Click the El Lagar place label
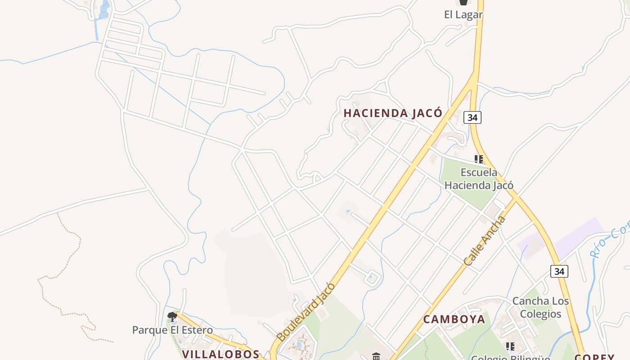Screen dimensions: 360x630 click(x=463, y=14)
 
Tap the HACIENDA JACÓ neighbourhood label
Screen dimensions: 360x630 click(x=393, y=113)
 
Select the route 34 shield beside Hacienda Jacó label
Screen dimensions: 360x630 click(x=472, y=117)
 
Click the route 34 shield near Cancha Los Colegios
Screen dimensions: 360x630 click(x=559, y=271)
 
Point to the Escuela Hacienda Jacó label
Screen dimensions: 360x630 click(x=479, y=179)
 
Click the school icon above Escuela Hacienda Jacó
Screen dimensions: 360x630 click(x=479, y=159)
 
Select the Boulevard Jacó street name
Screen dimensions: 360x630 click(x=306, y=312)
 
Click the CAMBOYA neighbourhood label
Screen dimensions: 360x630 click(x=454, y=319)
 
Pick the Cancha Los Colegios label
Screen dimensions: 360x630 click(x=540, y=307)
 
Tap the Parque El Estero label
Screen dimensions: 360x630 click(x=172, y=330)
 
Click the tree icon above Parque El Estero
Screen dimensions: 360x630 click(x=172, y=317)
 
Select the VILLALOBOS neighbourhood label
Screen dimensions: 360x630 click(x=220, y=354)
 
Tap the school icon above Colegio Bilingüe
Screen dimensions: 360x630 click(x=510, y=346)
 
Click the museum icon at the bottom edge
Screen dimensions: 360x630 click(x=376, y=357)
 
